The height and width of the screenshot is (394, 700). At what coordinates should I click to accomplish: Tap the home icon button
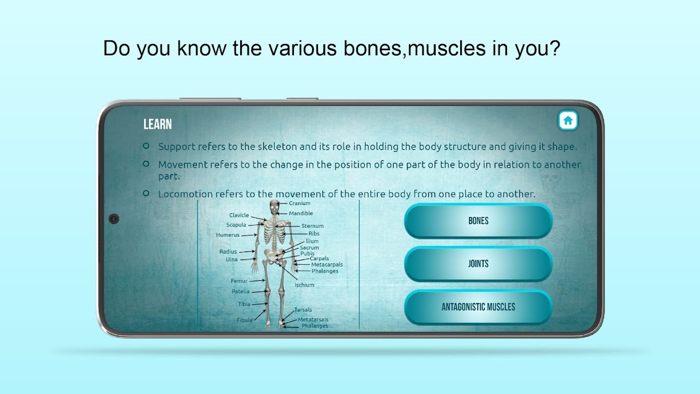click(x=568, y=120)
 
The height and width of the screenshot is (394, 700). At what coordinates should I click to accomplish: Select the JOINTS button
click(x=478, y=264)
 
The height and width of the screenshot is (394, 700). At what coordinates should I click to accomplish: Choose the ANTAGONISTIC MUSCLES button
click(x=478, y=307)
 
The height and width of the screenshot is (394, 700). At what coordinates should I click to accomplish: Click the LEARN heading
click(x=158, y=124)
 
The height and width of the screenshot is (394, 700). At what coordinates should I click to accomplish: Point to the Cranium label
click(x=299, y=203)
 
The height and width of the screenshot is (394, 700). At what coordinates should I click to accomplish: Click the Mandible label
click(x=301, y=213)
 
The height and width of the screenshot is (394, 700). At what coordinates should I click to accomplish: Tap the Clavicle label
click(x=239, y=215)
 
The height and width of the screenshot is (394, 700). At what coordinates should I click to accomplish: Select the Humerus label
click(x=227, y=235)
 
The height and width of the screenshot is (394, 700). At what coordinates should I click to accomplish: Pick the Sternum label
click(x=313, y=226)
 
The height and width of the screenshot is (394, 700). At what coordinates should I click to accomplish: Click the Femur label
click(x=239, y=281)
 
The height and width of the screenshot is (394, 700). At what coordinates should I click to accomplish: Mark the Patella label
click(x=240, y=292)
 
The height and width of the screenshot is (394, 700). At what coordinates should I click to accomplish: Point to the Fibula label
click(x=244, y=320)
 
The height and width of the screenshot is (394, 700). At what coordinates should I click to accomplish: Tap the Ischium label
click(x=304, y=285)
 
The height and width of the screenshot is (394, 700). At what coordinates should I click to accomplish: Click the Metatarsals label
click(x=313, y=319)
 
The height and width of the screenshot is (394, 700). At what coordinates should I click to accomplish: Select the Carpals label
click(x=319, y=258)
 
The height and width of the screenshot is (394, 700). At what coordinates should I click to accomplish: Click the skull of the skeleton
click(x=274, y=207)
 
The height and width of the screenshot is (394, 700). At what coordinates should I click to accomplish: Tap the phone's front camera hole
click(x=114, y=219)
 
